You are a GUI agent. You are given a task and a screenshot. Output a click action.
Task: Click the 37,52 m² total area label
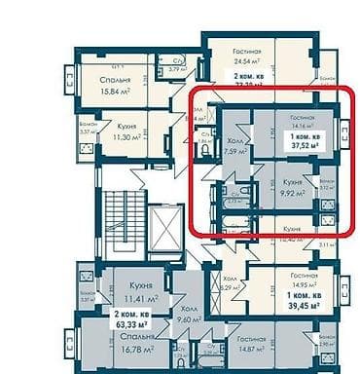click(x=306, y=149)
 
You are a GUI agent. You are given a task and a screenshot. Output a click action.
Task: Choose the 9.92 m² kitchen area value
click(x=287, y=193)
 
